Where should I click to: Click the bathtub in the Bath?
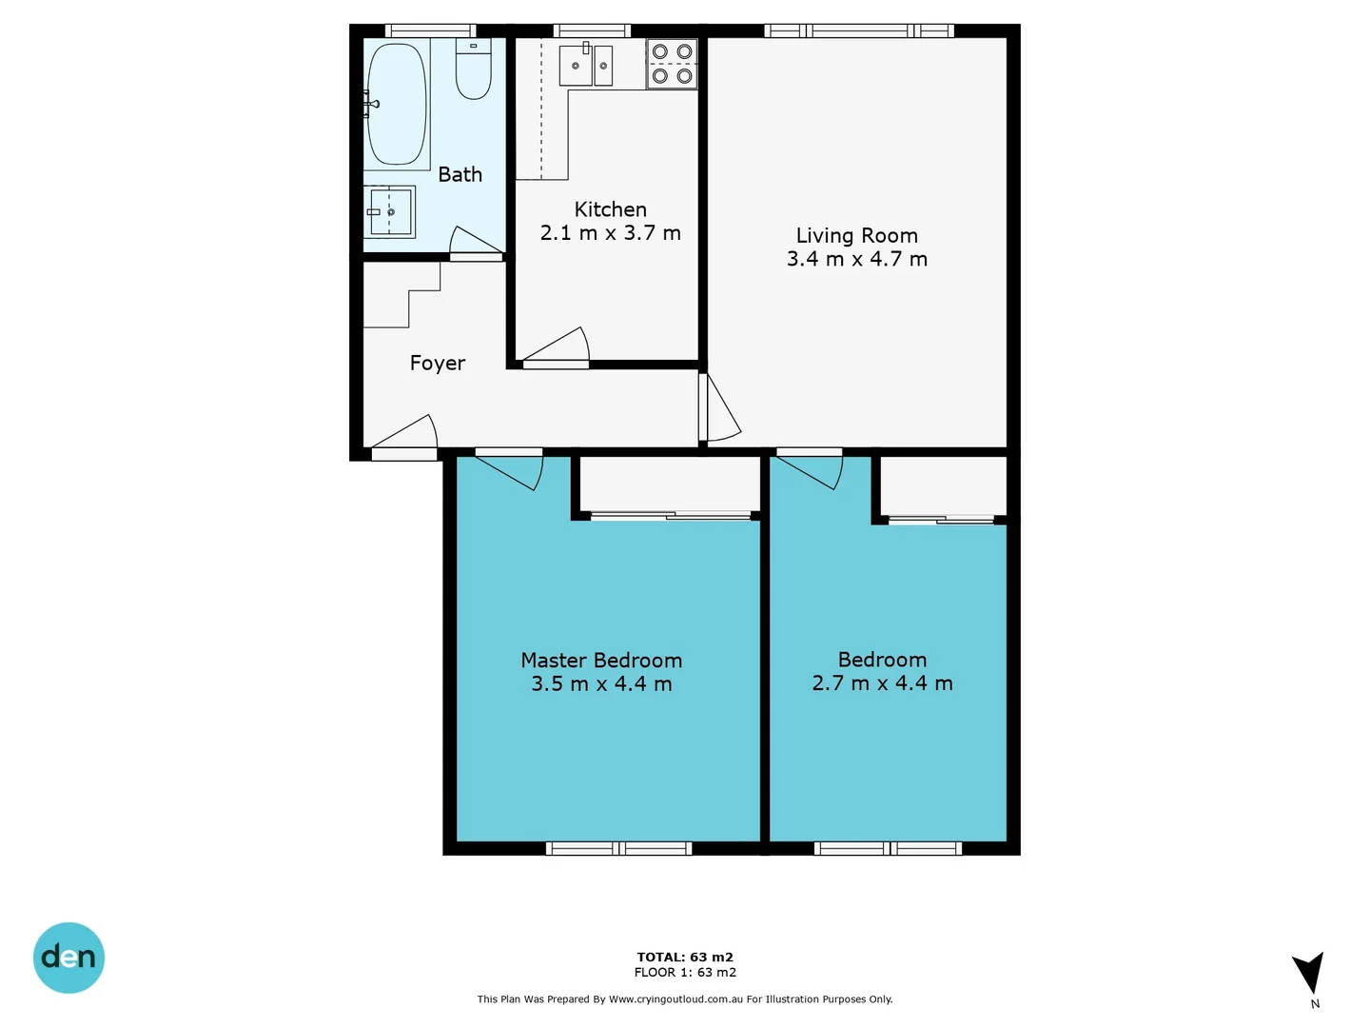[x=396, y=104]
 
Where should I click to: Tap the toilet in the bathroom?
[x=473, y=70]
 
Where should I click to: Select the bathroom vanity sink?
[x=390, y=211]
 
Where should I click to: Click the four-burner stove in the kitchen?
[x=672, y=64]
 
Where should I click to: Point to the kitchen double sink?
[x=586, y=66]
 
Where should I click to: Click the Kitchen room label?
[x=610, y=209]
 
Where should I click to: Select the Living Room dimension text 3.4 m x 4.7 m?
[x=856, y=259]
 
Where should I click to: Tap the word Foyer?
[x=437, y=363]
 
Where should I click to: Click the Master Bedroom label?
[x=600, y=660]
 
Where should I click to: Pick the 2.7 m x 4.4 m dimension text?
[x=882, y=683]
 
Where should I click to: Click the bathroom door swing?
[x=476, y=244]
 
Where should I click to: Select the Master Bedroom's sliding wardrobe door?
[x=671, y=516]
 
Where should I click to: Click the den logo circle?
[x=68, y=958]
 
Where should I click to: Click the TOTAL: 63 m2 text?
[x=685, y=957]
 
